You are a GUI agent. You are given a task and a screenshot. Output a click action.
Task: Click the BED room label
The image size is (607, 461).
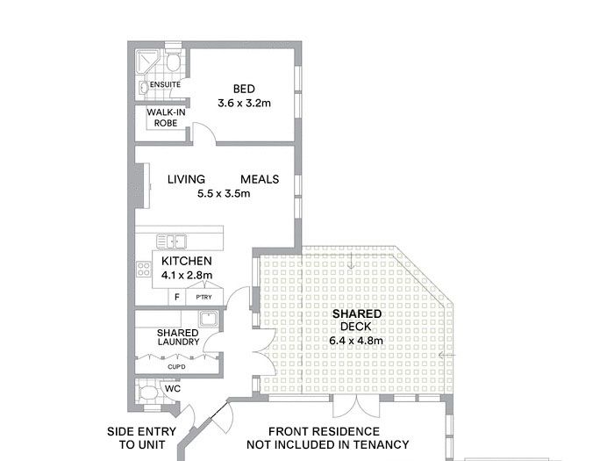244,89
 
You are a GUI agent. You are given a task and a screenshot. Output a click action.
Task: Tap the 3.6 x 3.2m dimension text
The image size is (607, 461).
244,104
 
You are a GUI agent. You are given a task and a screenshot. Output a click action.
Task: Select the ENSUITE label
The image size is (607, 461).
165,84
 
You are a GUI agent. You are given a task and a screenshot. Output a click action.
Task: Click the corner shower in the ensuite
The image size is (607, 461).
146,62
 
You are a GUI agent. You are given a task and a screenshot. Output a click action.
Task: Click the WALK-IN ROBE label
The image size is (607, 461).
166,118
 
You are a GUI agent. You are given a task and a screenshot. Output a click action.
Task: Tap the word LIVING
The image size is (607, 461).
186,179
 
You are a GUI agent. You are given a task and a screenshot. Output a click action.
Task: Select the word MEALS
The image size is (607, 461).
260,179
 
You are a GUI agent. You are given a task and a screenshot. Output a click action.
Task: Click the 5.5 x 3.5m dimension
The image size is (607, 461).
224,193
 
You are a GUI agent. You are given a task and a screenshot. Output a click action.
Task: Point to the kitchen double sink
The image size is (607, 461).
172,241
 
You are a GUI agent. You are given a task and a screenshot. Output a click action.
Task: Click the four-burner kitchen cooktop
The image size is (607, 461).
144,270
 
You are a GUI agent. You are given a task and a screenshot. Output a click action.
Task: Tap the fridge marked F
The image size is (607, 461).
177,297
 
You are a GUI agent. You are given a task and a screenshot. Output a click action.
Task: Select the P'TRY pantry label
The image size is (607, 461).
204,297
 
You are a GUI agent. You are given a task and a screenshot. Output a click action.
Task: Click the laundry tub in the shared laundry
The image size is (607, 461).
209,319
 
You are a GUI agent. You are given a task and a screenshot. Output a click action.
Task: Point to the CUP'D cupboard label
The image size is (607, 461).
176,366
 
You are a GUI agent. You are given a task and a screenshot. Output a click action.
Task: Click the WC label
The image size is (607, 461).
173,388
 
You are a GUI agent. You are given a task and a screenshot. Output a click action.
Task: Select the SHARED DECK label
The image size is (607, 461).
356,320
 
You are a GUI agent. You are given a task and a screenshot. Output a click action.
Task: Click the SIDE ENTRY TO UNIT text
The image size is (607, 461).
142,438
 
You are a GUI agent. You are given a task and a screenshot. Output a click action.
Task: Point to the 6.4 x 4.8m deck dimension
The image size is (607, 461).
356,341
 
